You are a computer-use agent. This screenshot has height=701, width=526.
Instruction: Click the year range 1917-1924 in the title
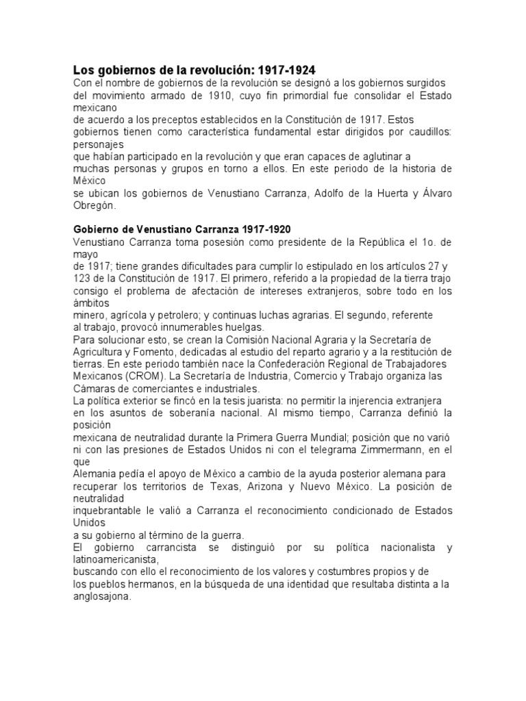click(286, 70)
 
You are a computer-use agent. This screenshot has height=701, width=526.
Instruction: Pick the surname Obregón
click(95, 205)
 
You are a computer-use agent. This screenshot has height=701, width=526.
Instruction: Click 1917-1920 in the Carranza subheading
click(261, 229)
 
